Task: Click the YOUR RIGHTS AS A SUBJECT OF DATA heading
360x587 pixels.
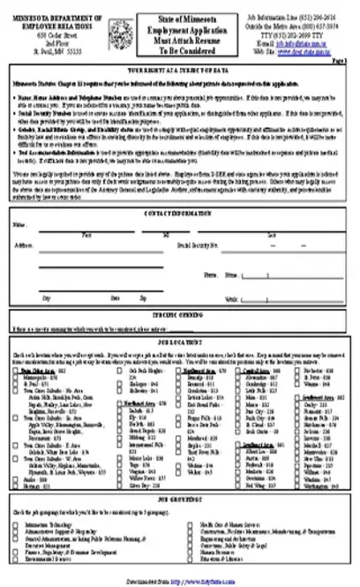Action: (180, 66)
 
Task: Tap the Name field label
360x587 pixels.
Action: (19, 225)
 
